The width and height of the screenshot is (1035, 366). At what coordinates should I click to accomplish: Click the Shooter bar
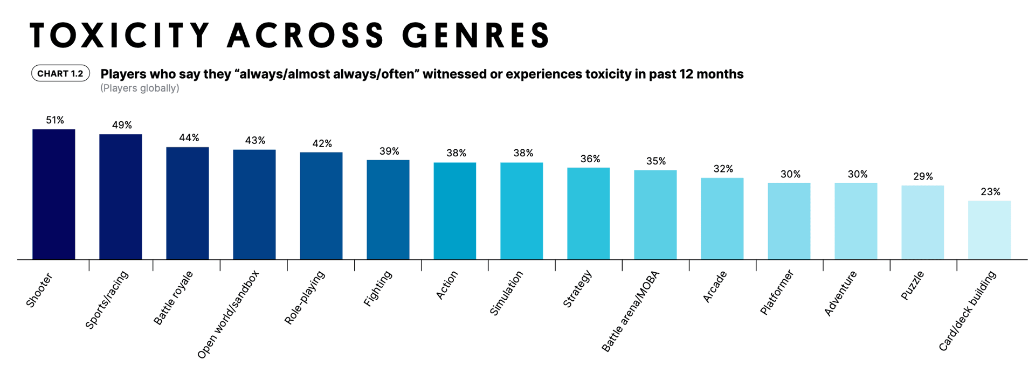pyautogui.click(x=53, y=194)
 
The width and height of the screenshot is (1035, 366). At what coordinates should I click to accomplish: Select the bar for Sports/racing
pyautogui.click(x=120, y=197)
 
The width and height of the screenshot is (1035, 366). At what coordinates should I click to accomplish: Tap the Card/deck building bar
pyautogui.click(x=989, y=230)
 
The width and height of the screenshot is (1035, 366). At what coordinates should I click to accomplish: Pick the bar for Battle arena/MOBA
pyautogui.click(x=655, y=215)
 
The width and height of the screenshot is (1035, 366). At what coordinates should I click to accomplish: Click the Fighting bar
pyautogui.click(x=388, y=210)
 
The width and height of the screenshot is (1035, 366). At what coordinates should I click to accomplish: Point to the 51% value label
pyautogui.click(x=55, y=120)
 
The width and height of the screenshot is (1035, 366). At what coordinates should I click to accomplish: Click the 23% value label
pyautogui.click(x=990, y=192)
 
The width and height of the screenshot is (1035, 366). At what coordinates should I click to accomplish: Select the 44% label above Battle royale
pyautogui.click(x=189, y=138)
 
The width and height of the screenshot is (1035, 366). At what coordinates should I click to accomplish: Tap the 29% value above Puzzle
pyautogui.click(x=923, y=177)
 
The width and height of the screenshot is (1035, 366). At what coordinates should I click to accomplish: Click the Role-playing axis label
pyautogui.click(x=305, y=298)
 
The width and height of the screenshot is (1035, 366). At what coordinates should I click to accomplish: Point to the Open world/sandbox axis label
pyautogui.click(x=228, y=314)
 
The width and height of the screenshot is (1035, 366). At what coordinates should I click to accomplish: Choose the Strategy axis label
pyautogui.click(x=577, y=289)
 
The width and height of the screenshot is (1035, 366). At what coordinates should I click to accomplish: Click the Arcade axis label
pyautogui.click(x=715, y=286)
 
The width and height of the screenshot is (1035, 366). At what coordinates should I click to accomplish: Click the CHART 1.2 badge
pyautogui.click(x=60, y=74)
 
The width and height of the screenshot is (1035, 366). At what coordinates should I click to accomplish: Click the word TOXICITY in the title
pyautogui.click(x=119, y=36)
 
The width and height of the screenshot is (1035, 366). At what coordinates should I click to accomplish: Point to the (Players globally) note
pyautogui.click(x=140, y=88)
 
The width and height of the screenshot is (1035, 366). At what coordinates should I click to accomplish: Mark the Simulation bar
pyautogui.click(x=521, y=211)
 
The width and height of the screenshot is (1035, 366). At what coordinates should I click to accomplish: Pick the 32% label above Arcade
pyautogui.click(x=723, y=169)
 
